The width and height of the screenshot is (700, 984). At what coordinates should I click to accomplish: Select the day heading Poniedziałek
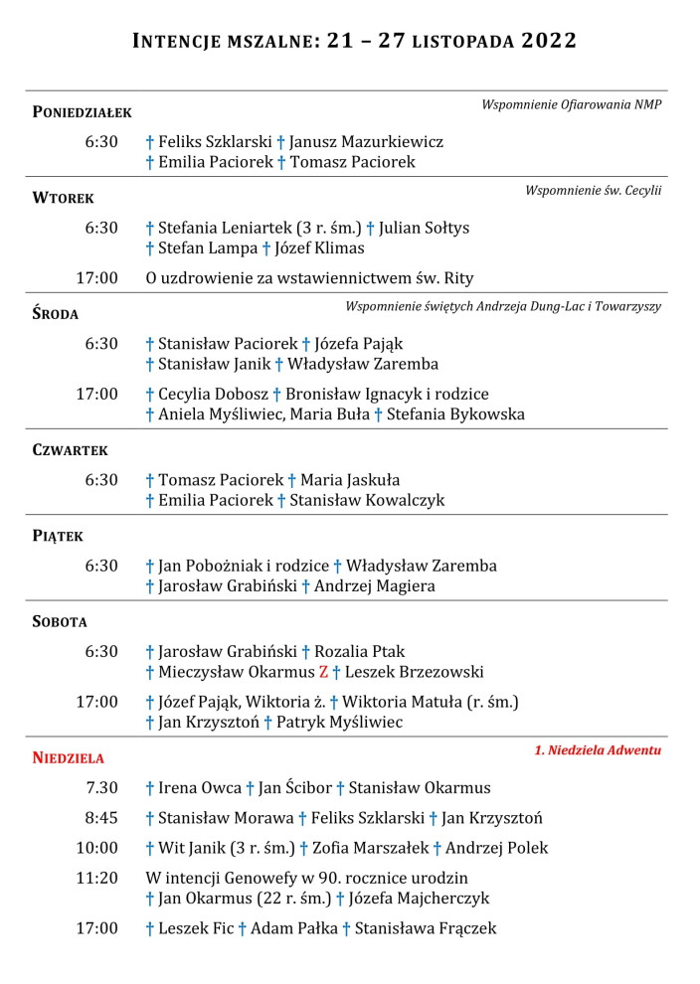tap(82, 112)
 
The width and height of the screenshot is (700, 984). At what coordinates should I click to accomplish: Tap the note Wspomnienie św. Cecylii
tap(593, 190)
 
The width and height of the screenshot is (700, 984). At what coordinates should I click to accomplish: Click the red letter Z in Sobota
tap(323, 672)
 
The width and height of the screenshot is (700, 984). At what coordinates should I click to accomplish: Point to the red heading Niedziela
tap(68, 758)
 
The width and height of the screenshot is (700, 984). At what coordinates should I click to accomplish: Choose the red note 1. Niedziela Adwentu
tap(598, 750)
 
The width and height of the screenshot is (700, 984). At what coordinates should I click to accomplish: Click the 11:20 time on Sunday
tap(96, 878)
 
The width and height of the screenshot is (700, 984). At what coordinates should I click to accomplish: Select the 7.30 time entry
tap(101, 788)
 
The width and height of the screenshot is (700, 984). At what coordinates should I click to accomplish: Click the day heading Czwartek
tap(70, 450)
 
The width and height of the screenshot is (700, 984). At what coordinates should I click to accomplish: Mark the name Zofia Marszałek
tap(370, 848)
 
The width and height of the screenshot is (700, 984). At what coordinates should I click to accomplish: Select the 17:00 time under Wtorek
tap(96, 277)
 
